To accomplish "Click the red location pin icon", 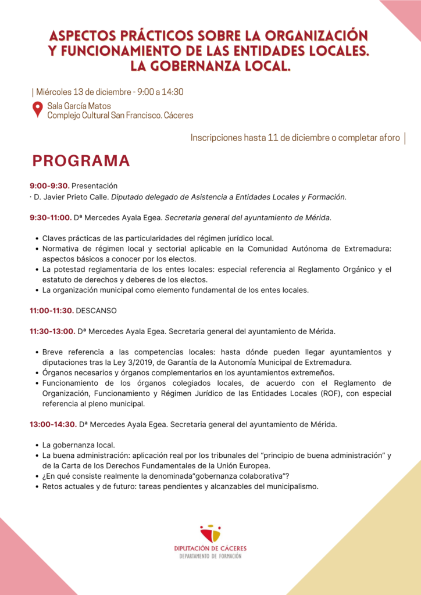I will (37, 109).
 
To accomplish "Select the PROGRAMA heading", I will (81, 160).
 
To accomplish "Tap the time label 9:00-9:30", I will (49, 186).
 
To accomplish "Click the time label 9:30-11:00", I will (51, 218).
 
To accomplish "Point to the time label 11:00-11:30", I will (51, 311).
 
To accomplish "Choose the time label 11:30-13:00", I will (52, 332).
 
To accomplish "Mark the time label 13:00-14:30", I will (53, 425).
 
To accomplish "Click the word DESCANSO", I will (97, 311).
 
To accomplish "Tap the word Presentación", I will (95, 186).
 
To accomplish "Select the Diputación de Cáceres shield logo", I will (210, 533).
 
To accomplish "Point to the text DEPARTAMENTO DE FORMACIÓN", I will (210, 556).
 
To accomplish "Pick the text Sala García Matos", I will (79, 106).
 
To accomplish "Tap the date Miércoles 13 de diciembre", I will (84, 92).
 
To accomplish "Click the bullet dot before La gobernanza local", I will (38, 445).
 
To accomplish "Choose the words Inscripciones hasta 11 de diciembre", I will (258, 138).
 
